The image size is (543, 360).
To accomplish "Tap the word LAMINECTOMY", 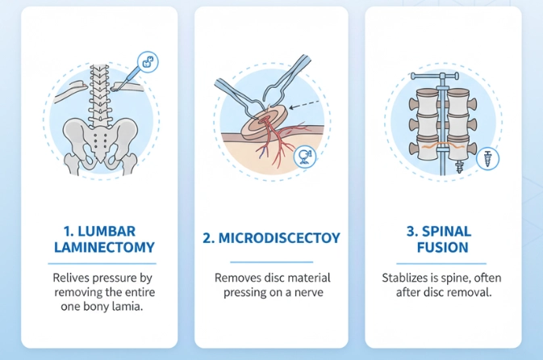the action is [104, 247].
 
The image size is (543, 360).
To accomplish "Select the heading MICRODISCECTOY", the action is [271, 238].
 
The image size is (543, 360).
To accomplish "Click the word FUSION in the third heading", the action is [443, 247].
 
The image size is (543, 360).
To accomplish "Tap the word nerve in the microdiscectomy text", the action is [309, 292].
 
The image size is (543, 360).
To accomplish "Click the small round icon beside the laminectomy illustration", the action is [148, 62].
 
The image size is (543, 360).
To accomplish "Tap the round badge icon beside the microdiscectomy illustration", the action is [305, 157].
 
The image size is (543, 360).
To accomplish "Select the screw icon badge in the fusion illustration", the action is [487, 159].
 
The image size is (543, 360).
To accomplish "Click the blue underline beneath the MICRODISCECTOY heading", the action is [271, 262].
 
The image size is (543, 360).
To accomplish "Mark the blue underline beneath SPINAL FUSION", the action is [441, 264].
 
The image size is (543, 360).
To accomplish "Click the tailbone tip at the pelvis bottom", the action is [100, 161].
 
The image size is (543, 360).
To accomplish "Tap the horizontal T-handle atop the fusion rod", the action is [435, 76].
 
